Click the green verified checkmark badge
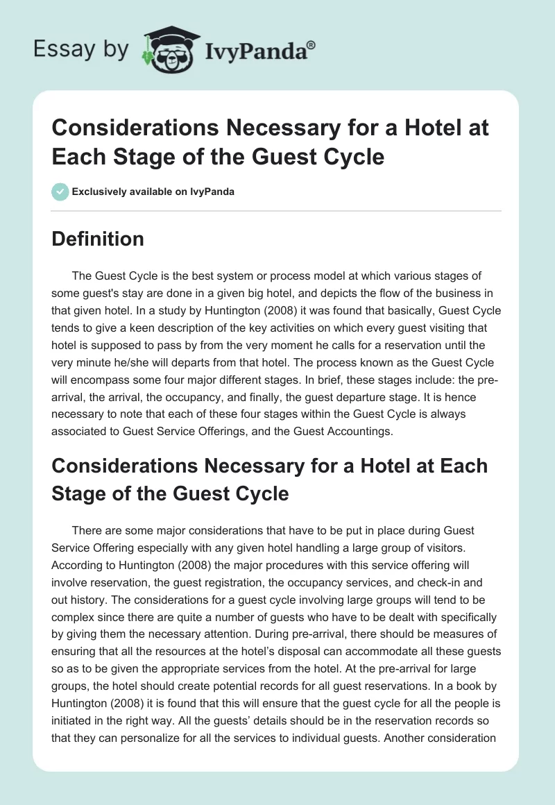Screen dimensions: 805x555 [x=60, y=192]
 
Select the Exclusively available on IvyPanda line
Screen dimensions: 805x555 [x=153, y=192]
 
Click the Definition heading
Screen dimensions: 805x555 [x=99, y=239]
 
